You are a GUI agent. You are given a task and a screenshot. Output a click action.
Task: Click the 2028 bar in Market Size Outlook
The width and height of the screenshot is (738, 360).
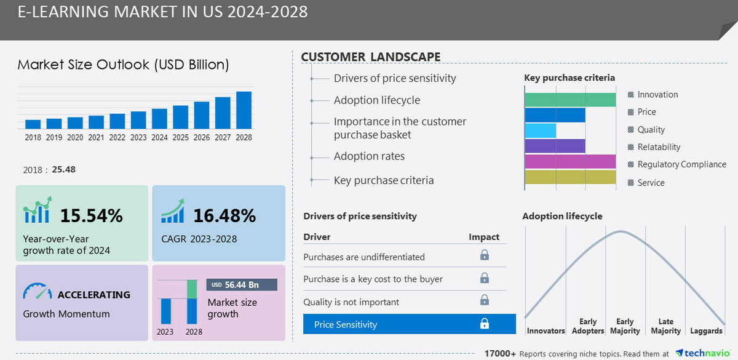244,110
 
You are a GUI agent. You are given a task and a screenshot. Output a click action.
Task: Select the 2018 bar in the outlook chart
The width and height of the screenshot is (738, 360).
33,124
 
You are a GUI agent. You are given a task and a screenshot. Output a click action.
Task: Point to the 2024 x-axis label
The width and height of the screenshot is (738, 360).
159,138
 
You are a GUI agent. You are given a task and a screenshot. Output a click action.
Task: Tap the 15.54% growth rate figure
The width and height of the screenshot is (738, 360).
91,216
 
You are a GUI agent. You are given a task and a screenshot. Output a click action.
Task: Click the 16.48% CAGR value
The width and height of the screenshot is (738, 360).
224,216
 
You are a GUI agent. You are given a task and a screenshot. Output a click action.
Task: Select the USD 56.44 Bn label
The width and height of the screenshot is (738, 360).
242,285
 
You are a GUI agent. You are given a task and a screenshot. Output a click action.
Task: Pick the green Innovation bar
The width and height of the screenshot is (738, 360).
570,100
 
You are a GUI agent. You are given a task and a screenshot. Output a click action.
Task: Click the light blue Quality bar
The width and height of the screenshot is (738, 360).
540,130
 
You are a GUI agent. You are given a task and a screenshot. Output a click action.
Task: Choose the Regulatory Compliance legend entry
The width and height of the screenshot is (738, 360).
681,164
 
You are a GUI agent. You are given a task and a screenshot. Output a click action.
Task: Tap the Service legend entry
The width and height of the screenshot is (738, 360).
651,183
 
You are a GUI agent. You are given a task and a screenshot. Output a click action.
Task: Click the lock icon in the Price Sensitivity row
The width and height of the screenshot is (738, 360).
485,324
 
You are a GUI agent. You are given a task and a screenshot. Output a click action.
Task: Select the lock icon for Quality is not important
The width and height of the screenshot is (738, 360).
485,300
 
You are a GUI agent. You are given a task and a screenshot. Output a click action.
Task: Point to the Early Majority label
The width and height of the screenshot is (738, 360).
625,326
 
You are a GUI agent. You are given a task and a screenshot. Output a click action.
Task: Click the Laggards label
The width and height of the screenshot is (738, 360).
706,330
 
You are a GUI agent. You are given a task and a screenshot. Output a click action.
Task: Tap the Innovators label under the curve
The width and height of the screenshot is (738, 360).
546,330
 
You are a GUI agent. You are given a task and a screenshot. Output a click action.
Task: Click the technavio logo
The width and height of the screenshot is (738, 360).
704,353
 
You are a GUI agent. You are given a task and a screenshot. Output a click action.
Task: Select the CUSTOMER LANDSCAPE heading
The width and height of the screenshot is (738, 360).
370,57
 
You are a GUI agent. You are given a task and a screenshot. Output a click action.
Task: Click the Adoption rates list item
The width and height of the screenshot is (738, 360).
369,156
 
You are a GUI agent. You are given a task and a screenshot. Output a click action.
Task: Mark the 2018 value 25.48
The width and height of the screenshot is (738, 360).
63,169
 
